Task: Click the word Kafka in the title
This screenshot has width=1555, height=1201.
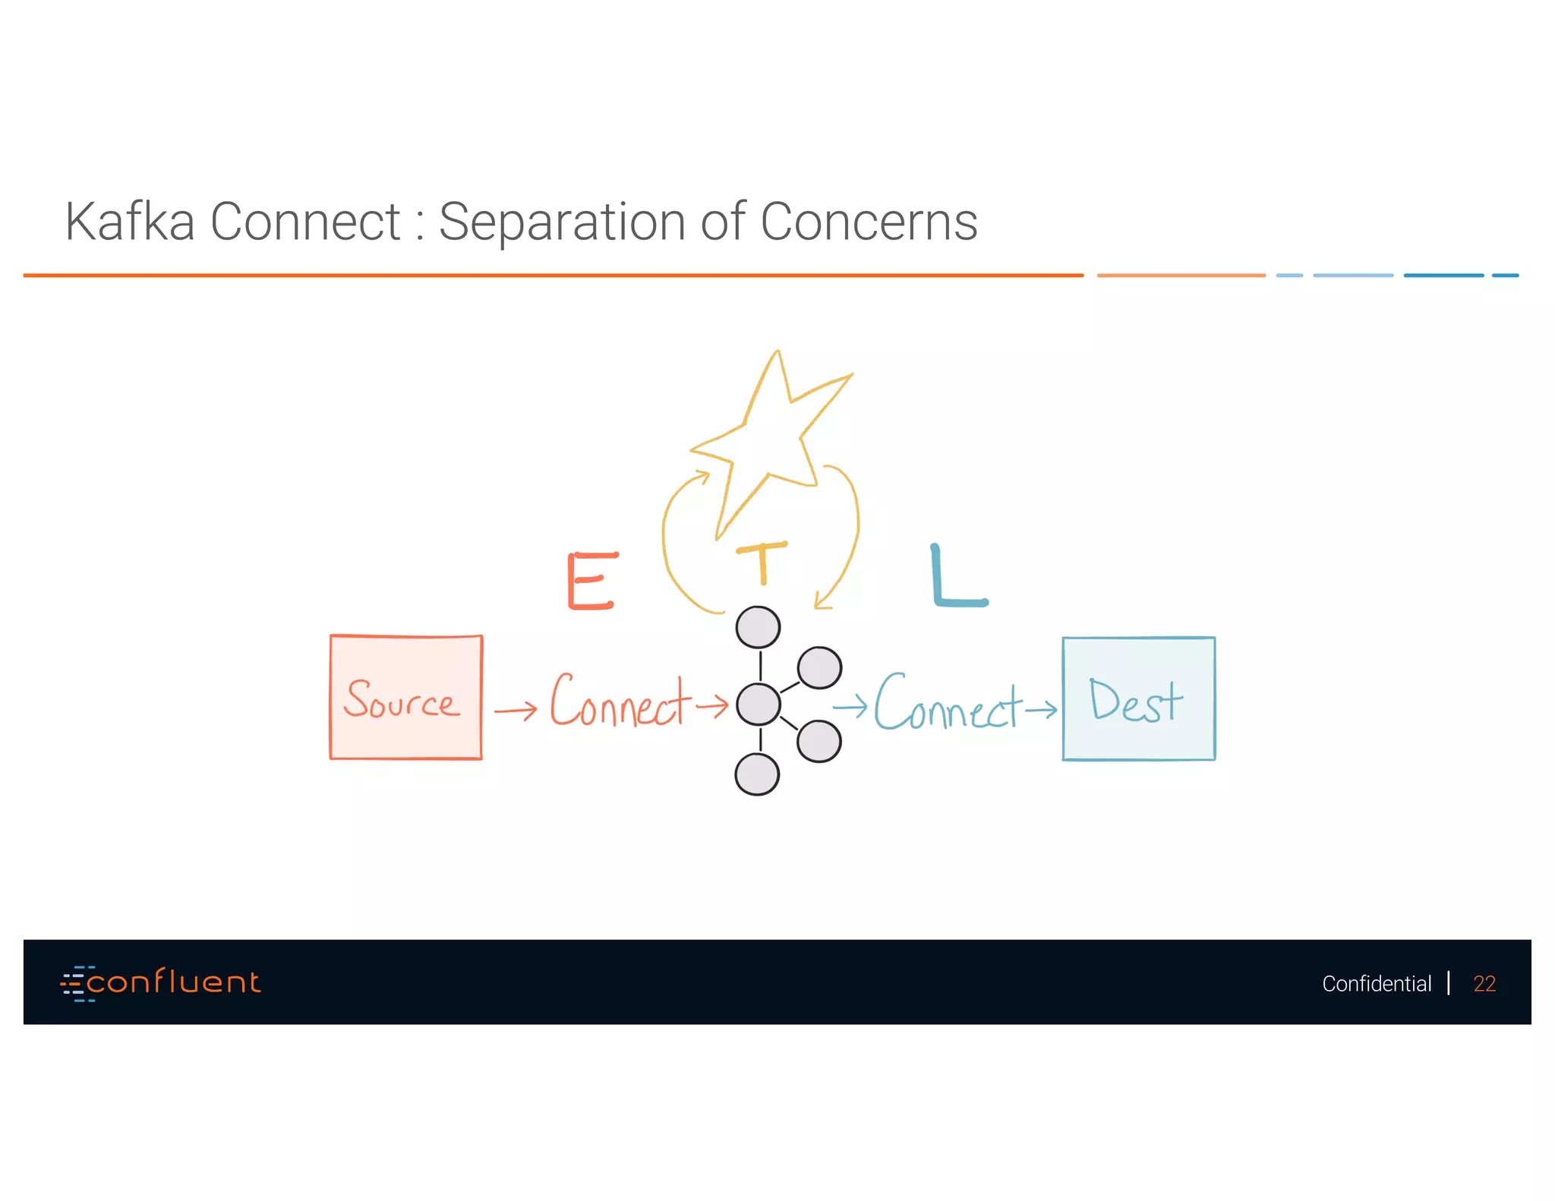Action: point(130,222)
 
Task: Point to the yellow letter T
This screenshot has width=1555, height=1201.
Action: point(762,563)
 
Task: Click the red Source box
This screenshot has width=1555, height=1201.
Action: point(406,697)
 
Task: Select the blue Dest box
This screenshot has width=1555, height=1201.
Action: point(1138,698)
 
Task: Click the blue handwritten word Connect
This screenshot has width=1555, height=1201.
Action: point(948,704)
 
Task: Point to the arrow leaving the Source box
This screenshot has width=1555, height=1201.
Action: point(516,711)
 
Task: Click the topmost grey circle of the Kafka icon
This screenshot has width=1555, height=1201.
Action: point(758,628)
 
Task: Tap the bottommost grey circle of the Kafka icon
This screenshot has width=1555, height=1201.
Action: point(757,774)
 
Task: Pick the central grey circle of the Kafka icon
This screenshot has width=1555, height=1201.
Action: point(758,704)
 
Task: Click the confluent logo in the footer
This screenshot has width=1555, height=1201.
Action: point(161,983)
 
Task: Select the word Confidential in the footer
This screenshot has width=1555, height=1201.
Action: point(1376,984)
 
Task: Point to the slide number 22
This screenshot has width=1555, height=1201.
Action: point(1484,984)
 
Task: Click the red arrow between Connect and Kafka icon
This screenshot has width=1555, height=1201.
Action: point(712,706)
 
